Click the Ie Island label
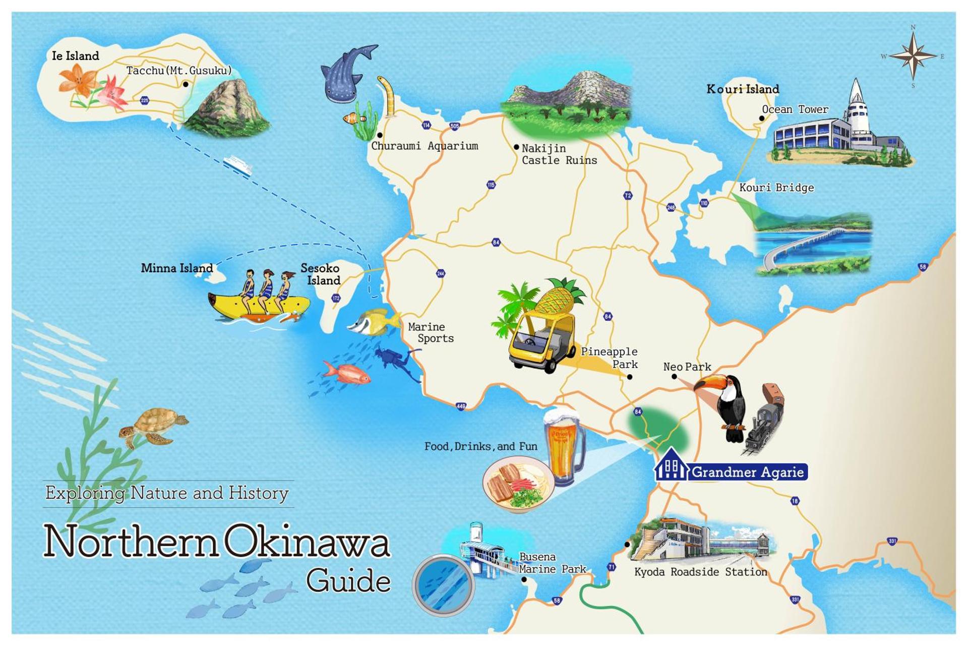[x=75, y=56]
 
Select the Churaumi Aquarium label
[x=425, y=146]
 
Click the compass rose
[x=913, y=56]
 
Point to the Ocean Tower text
[x=795, y=109]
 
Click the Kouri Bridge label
[x=776, y=188]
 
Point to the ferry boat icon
[x=237, y=164]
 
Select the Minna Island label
[x=177, y=268]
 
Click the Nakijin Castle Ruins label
[x=559, y=154]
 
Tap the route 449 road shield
[x=461, y=406]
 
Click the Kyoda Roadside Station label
[x=700, y=572]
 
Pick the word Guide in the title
[x=348, y=581]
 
